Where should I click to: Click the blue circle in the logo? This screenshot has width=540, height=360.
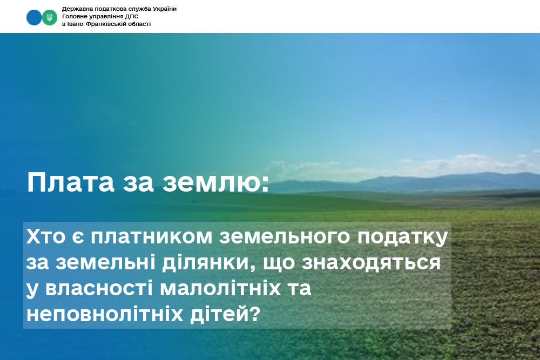click(34, 17)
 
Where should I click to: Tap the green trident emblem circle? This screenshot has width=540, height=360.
click(50, 17)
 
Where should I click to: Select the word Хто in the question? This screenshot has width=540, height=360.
click(45, 236)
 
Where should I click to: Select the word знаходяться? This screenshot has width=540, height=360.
click(372, 263)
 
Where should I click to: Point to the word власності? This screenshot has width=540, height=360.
click(99, 288)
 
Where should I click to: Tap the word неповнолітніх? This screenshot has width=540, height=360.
click(105, 314)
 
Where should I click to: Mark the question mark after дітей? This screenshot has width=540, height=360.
click(254, 314)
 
